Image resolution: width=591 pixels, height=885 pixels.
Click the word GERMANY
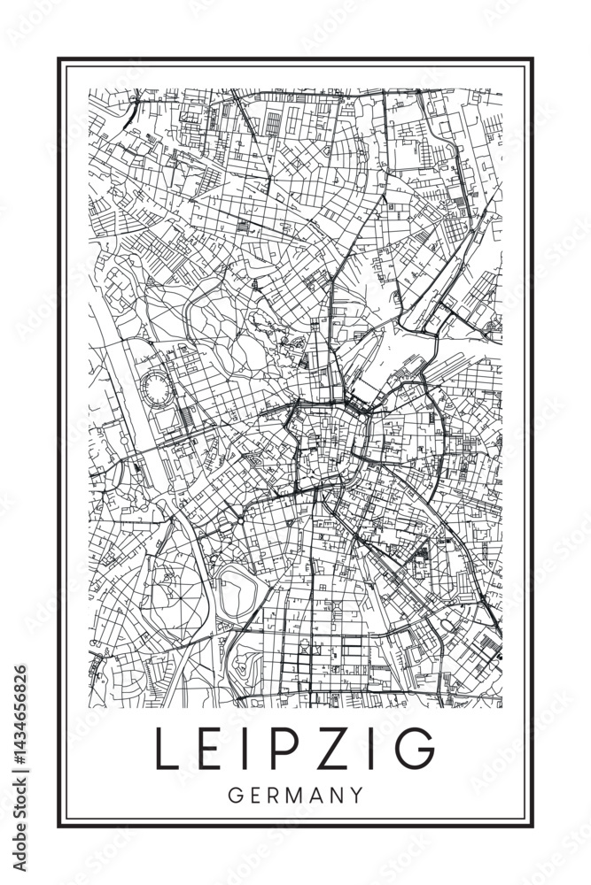(295, 795)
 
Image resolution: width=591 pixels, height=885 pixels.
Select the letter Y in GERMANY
(356, 795)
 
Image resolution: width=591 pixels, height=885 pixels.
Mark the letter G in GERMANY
(235, 795)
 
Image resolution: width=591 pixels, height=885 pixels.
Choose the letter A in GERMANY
(317, 795)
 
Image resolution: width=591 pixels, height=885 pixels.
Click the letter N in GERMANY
(338, 795)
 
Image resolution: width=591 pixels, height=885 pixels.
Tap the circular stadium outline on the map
(156, 388)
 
